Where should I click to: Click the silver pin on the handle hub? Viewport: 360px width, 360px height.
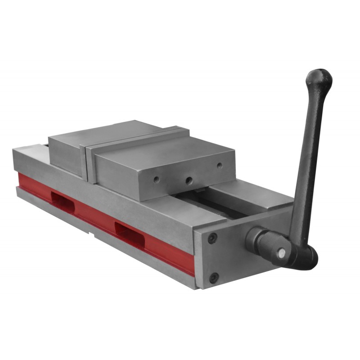(282, 253)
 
